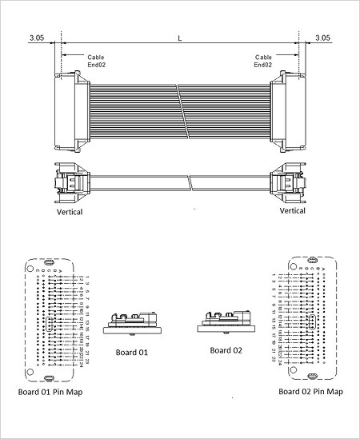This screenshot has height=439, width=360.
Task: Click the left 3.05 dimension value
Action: [36, 38]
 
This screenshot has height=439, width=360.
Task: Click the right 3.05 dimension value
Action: [322, 38]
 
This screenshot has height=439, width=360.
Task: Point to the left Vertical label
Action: [70, 212]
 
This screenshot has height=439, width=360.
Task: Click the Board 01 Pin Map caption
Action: [50, 392]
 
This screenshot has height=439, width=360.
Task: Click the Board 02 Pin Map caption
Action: [310, 392]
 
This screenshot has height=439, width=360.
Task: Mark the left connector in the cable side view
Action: [70, 182]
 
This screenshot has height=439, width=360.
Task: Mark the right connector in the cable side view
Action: [288, 182]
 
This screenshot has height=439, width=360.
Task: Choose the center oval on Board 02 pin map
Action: [310, 322]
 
